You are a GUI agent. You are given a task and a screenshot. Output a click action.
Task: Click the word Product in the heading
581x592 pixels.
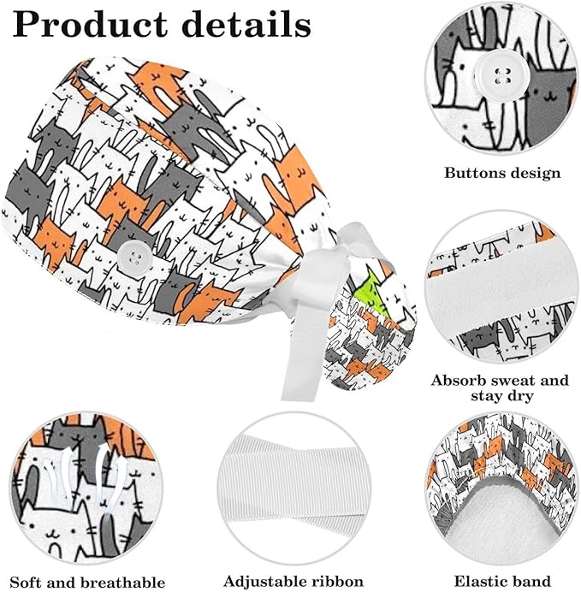point(90,25)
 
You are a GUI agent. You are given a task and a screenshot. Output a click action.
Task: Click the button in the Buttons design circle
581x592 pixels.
point(501,75)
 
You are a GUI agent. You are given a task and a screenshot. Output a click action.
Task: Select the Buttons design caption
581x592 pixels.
point(502,173)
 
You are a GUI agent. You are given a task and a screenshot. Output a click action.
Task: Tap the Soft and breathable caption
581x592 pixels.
point(87,582)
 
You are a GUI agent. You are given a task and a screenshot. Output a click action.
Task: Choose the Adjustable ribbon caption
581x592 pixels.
point(293,581)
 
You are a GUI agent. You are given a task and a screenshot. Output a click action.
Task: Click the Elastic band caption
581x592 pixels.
point(502,581)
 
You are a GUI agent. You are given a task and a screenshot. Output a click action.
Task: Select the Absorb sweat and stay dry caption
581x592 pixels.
point(501,388)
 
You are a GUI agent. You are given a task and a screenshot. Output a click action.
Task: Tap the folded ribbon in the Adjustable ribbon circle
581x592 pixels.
point(295,482)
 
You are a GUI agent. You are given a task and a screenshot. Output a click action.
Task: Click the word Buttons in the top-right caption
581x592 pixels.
point(472,173)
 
